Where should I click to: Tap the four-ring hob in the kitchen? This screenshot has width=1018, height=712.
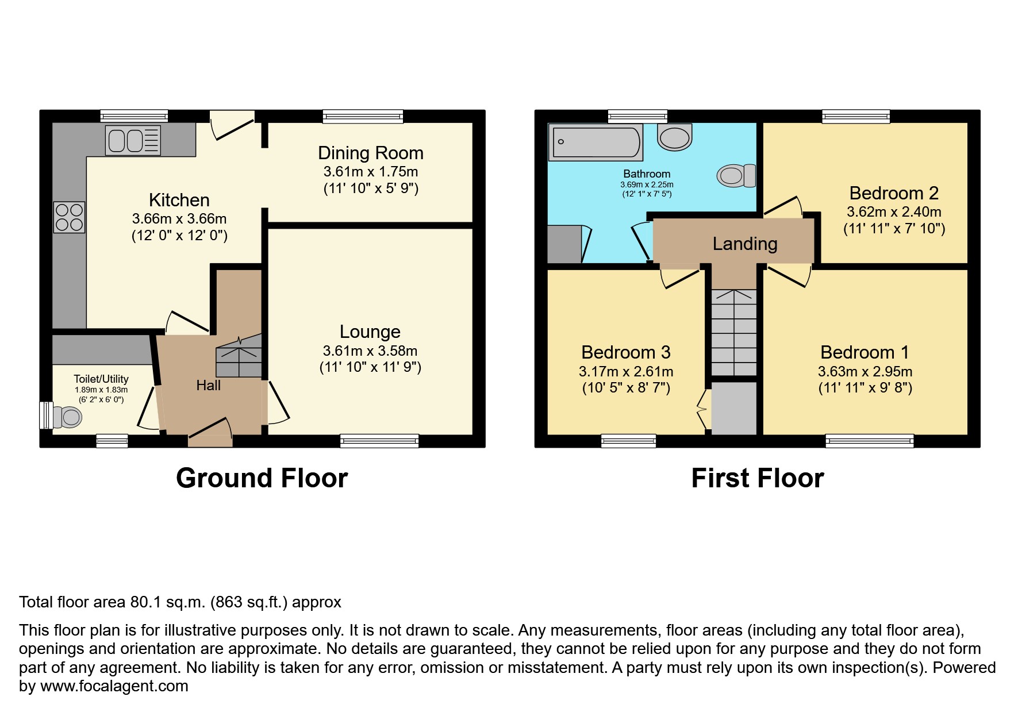70,217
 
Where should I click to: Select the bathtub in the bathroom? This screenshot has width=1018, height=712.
596,143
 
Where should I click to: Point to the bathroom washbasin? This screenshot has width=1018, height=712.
674,138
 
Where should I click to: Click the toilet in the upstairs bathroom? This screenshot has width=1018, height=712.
736,175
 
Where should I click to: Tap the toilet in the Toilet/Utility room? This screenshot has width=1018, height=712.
67,417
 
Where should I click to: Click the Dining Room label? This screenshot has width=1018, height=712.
371,153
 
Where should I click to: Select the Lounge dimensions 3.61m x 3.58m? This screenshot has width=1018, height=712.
370,351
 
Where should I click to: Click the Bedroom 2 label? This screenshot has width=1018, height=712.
894,193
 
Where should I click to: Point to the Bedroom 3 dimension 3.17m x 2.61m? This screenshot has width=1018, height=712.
626,372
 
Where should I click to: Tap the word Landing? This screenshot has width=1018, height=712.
745,244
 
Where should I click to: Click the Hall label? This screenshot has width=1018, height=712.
208,386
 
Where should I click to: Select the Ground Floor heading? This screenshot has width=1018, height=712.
262,478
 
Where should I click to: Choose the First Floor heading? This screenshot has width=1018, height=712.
758,478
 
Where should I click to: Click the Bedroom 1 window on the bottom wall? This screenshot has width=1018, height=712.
869,441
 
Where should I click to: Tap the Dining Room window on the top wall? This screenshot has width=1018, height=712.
363,117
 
